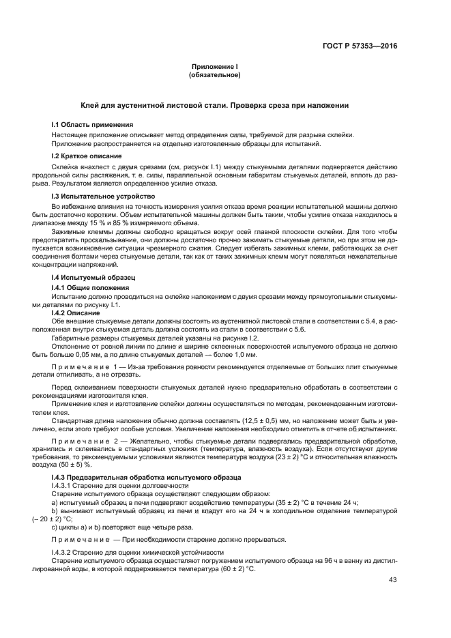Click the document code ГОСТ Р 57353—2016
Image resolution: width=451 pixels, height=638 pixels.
(359, 46)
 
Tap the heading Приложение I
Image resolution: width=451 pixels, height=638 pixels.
(215, 67)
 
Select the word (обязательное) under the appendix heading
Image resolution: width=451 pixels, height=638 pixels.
(215, 75)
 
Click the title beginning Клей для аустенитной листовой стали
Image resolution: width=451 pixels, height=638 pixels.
(215, 106)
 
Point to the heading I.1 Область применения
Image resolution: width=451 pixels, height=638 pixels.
(93, 124)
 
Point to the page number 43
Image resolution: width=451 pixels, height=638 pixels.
(392, 580)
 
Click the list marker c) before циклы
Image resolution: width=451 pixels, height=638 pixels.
(55, 527)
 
